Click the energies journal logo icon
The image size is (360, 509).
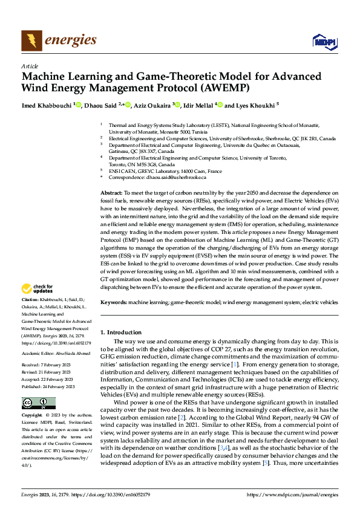point(31,41)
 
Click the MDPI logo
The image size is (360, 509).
point(324,41)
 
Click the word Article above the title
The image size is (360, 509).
point(30,66)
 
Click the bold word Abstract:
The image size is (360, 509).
point(113,192)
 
